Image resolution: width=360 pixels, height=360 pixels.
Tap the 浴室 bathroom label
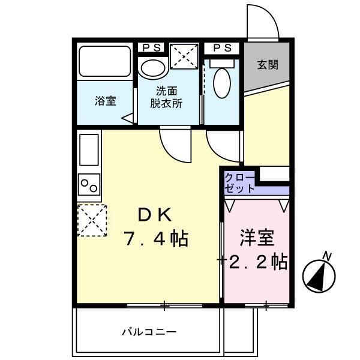click(105, 101)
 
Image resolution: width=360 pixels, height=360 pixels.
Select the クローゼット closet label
click(239, 182)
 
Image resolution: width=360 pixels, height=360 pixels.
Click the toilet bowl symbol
click(221, 82)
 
